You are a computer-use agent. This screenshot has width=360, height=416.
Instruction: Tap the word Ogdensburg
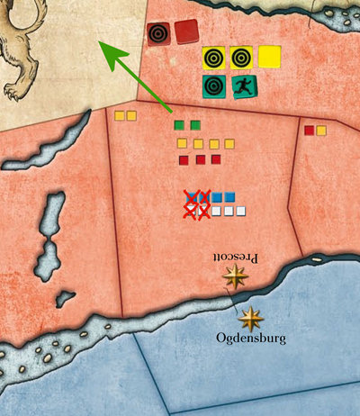251,339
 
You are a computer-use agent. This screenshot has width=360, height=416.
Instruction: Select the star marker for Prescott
238,276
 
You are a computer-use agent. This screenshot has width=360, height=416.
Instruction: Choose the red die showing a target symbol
159,34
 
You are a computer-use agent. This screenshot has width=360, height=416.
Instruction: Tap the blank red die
187,32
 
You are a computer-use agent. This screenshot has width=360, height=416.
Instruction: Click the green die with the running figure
243,86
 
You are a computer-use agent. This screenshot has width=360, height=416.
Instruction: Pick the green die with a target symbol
214,86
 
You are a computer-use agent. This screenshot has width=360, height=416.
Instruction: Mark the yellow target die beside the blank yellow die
241,58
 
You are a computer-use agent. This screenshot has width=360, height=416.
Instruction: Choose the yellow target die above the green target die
214,58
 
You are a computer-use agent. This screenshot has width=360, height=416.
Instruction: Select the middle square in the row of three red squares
200,159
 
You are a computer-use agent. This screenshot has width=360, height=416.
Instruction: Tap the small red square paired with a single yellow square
309,131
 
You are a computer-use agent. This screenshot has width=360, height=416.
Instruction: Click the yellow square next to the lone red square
321,131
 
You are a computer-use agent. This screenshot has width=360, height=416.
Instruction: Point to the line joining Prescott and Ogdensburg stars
244,297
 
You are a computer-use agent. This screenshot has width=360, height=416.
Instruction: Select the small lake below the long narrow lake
65,298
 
